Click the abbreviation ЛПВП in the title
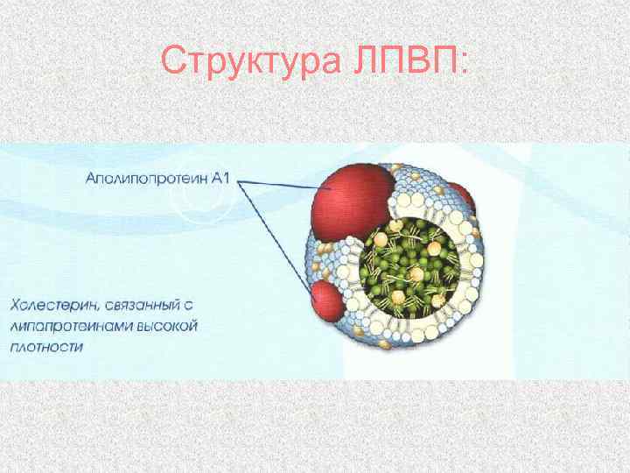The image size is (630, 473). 406,61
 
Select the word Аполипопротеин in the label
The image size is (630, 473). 148,180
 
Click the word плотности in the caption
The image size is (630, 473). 47,347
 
